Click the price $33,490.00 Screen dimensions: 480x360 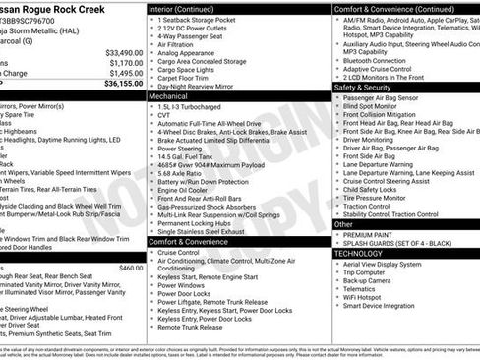pyautogui.click(x=124, y=52)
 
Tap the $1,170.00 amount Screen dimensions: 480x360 pyautogui.click(x=126, y=62)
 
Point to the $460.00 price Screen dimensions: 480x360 pyautogui.click(x=130, y=267)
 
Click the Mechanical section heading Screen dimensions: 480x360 pyautogui.click(x=173, y=97)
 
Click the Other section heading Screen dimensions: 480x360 pyautogui.click(x=344, y=224)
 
